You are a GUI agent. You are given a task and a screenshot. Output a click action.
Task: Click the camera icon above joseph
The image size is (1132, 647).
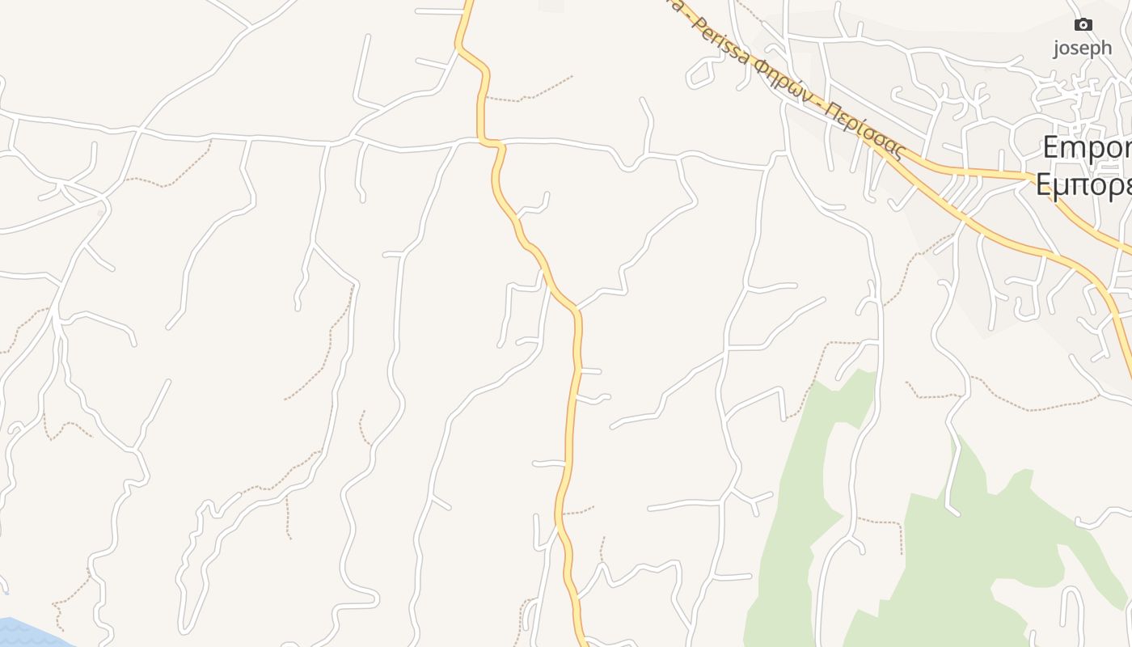point(1083,25)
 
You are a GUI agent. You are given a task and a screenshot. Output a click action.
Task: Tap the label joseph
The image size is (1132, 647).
point(1082,48)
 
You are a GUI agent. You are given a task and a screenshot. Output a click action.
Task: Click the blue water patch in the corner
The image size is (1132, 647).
point(24,633)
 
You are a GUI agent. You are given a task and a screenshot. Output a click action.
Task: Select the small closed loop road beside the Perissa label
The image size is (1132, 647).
point(700,73)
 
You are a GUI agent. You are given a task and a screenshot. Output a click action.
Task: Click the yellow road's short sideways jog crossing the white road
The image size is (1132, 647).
point(492,143)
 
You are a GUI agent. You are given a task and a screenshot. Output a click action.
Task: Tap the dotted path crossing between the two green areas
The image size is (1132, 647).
point(881,522)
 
